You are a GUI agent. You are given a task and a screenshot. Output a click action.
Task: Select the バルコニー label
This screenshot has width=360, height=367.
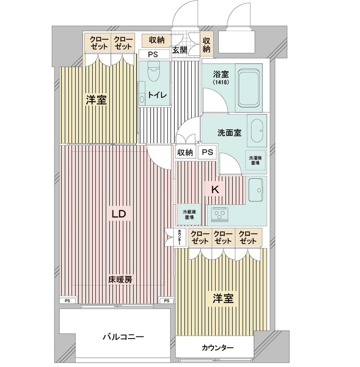coord(123,337)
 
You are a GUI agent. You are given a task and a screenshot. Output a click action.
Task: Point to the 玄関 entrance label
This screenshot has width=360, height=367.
coord(179,50)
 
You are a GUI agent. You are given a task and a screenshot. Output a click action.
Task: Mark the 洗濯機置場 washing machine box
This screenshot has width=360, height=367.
coord(255,159)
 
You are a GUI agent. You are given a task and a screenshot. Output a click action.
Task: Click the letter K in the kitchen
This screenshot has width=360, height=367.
coord(214,188)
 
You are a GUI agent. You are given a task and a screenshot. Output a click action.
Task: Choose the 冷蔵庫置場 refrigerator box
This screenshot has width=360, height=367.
coord(188,214)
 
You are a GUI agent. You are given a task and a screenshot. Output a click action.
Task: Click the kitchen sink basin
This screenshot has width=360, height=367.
coord(256,187)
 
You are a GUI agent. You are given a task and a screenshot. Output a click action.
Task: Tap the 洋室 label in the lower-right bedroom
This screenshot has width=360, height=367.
coord(223,299)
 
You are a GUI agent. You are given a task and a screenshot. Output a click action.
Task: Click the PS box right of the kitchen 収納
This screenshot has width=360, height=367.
coord(207,152)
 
